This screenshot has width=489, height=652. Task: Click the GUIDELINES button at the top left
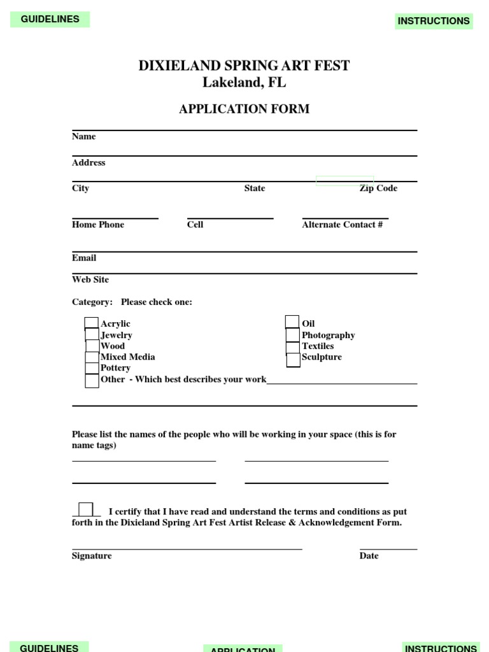point(50,19)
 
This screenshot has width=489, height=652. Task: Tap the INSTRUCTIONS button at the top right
point(434,21)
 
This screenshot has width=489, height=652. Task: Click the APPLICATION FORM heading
point(244,109)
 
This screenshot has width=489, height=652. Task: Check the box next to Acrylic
point(92,323)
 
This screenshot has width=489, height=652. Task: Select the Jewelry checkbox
point(92,335)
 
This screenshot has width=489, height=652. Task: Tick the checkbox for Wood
point(92,346)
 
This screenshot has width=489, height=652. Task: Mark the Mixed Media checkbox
point(92,357)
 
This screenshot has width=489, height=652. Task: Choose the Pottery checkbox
point(92,368)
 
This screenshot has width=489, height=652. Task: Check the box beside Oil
point(292,322)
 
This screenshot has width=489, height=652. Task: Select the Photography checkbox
point(292,335)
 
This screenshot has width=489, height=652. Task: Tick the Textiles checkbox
point(292,347)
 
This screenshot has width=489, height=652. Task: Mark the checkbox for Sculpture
point(293,360)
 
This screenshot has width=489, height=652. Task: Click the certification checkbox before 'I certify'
point(86,509)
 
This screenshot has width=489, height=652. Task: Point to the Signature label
point(92,556)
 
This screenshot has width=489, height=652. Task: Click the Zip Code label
point(378,188)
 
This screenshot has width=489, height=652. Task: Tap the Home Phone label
point(98,225)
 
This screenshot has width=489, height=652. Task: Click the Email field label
point(84,258)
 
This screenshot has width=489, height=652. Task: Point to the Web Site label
point(90,280)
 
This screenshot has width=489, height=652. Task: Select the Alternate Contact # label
point(343,225)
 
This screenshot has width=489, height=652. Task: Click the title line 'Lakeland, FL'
point(244,83)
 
